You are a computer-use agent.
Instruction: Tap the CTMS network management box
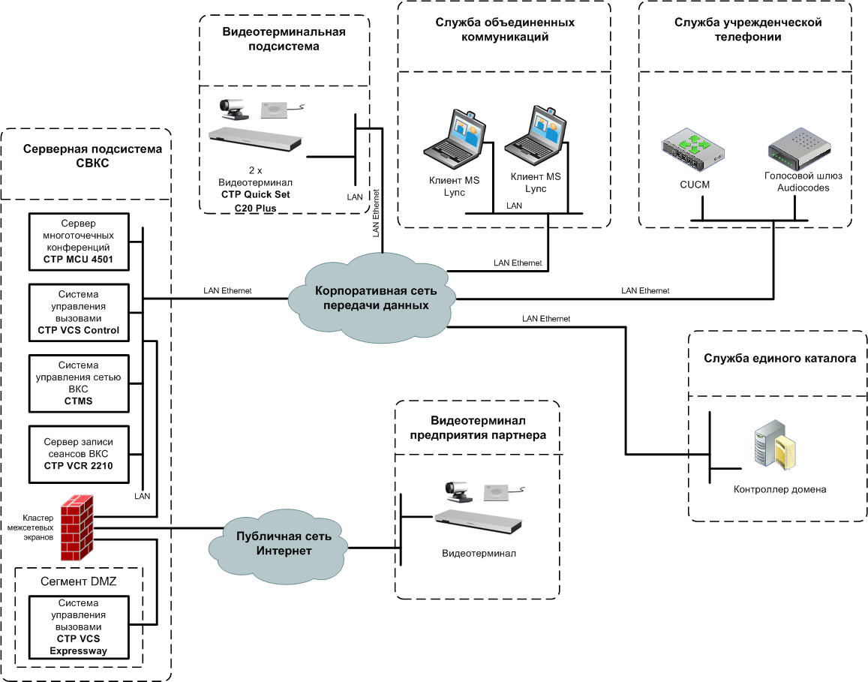pyautogui.click(x=77, y=383)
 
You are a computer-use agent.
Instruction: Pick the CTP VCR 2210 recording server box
pyautogui.click(x=77, y=455)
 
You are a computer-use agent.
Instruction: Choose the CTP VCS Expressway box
pyautogui.click(x=78, y=627)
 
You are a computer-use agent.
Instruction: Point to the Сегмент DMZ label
pyautogui.click(x=79, y=581)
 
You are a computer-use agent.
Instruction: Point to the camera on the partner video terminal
pyautogui.click(x=458, y=491)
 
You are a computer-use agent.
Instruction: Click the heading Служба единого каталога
pyautogui.click(x=779, y=359)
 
